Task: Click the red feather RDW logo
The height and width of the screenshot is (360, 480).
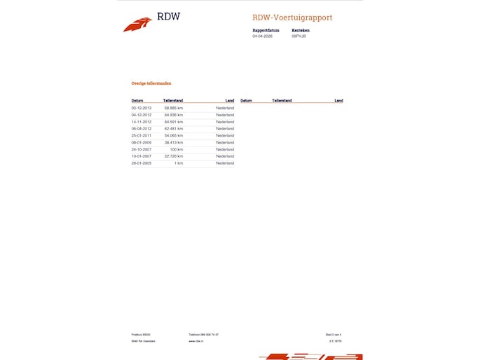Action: [137, 25]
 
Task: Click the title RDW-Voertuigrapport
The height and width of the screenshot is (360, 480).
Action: [292, 18]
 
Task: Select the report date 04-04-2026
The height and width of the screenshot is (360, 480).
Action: [262, 36]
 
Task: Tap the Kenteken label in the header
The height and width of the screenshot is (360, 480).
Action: [300, 30]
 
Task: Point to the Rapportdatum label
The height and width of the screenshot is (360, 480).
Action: [266, 30]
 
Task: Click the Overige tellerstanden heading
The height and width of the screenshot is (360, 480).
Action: [151, 83]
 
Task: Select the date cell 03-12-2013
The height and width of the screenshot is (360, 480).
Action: [142, 108]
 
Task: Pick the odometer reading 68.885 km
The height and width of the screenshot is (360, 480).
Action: [174, 108]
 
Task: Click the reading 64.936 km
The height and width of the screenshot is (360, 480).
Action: [174, 115]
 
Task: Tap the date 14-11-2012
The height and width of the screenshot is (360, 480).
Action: [142, 122]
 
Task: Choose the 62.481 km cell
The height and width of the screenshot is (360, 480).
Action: [174, 129]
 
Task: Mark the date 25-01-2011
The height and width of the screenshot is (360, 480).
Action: [142, 135]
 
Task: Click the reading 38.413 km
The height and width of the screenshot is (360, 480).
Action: [174, 142]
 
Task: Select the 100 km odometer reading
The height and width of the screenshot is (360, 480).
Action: [177, 149]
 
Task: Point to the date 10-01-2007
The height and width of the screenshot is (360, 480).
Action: [142, 156]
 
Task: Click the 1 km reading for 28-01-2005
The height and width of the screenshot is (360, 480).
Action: [179, 163]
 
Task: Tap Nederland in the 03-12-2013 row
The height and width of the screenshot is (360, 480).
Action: [225, 108]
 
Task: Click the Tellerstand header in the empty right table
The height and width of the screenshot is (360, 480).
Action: [282, 101]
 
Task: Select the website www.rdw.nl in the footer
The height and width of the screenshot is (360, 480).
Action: [196, 341]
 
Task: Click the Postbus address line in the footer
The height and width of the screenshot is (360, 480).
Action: [141, 335]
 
